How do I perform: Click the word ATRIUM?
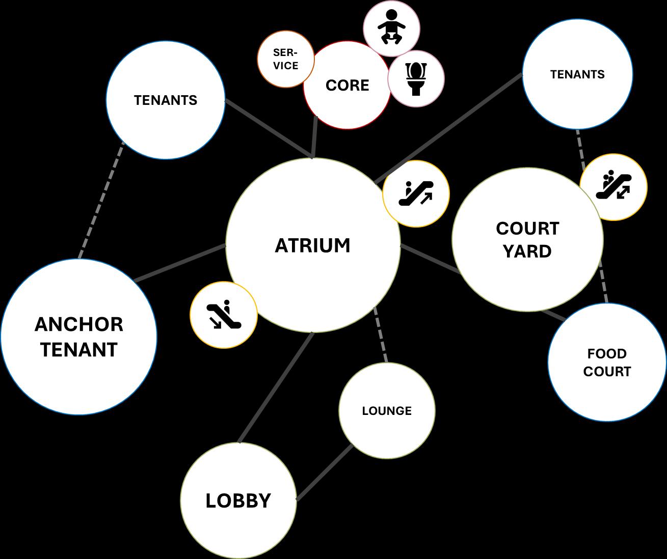tap(312, 245)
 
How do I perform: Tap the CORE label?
tap(347, 85)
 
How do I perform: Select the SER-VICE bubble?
tap(285, 59)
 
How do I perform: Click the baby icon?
tap(391, 27)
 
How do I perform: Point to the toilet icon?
tap(416, 78)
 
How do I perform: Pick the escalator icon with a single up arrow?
tap(416, 193)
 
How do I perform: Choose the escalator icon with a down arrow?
tap(223, 315)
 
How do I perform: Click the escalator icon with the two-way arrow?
tap(613, 187)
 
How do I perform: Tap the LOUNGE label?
tap(387, 411)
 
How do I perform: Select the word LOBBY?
tap(238, 500)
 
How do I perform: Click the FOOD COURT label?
tap(607, 362)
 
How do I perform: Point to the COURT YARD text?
tap(527, 240)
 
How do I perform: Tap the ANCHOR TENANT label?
tap(78, 337)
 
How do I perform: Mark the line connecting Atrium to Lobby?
tap(275, 387)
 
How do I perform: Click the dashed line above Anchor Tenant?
tap(101, 201)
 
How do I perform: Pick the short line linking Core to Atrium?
tap(314, 137)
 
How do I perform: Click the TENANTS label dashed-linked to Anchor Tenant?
tap(166, 100)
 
